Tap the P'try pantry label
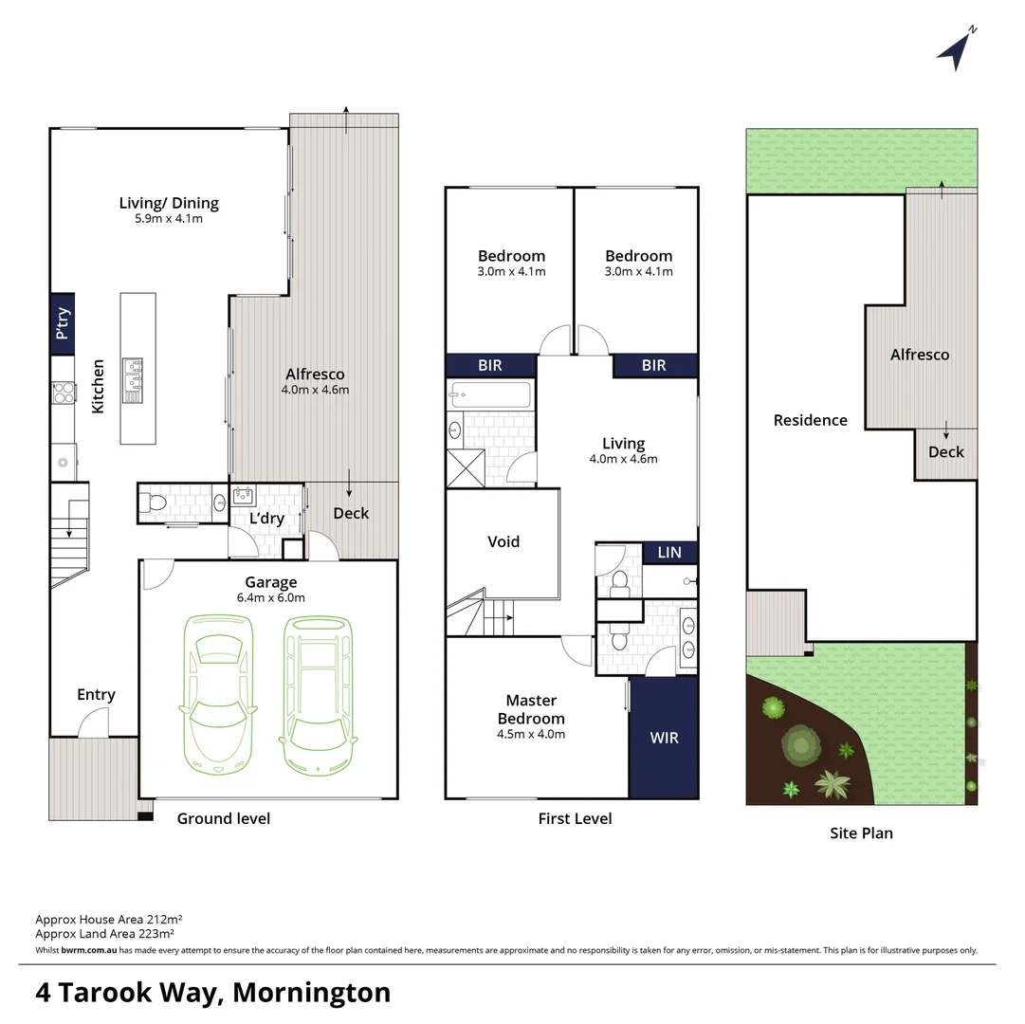(x=63, y=324)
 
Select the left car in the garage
(x=219, y=685)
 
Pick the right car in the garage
(x=319, y=685)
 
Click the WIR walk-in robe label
(x=664, y=737)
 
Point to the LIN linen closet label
(x=669, y=553)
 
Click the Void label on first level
(x=503, y=541)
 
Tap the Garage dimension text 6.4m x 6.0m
(x=271, y=597)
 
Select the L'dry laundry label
(x=267, y=519)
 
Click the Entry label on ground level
(x=96, y=695)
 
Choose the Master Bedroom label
(x=531, y=709)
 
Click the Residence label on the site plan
(x=810, y=420)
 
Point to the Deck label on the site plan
(x=945, y=452)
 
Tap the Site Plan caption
(x=862, y=833)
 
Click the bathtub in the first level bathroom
(x=490, y=393)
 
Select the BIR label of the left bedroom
(x=490, y=365)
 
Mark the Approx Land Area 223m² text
(x=108, y=933)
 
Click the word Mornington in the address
(x=311, y=992)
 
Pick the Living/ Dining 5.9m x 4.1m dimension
(x=169, y=218)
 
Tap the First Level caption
(x=575, y=818)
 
